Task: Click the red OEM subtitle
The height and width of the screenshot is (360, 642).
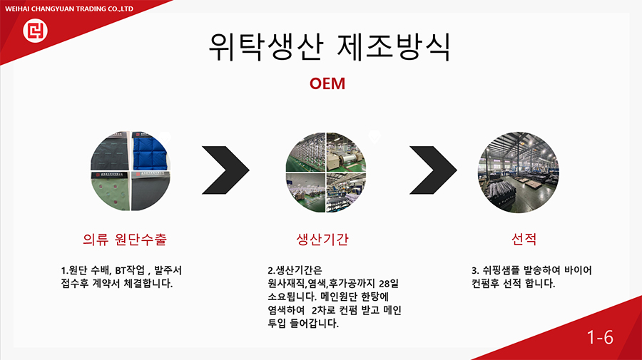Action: (327, 83)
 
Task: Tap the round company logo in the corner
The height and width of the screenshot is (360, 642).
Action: (35, 31)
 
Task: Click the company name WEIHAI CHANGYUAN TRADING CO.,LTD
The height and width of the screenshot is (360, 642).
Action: (68, 9)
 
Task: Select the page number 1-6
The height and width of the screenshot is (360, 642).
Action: (600, 337)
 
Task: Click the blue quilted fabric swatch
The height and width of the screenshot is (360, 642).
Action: (150, 150)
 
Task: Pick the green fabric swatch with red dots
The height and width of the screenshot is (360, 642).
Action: (111, 191)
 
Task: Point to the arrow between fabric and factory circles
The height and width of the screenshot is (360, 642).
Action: (225, 170)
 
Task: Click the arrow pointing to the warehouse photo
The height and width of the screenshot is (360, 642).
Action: (433, 170)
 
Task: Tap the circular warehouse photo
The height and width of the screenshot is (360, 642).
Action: (519, 173)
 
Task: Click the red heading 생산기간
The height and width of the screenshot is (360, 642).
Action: (322, 239)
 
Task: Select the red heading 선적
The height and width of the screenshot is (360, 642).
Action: (524, 239)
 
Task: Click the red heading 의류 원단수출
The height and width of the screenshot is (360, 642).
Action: (125, 239)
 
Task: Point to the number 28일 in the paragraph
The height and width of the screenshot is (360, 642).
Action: (389, 284)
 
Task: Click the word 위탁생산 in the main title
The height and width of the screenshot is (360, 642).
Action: (267, 47)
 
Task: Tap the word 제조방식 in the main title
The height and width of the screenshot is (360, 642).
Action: (394, 47)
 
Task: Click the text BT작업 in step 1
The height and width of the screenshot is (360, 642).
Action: (130, 270)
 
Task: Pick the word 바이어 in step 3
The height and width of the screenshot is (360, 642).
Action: (578, 270)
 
